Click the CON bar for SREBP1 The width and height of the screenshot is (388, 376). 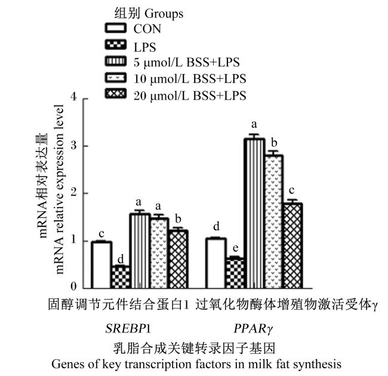pos(101,264)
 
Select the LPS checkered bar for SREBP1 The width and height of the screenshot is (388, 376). pos(121,277)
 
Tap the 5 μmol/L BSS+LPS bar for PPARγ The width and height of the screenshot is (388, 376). pos(254,213)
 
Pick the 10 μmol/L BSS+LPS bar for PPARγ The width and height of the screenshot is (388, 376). pos(273,221)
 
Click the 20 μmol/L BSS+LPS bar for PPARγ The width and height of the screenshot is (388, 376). pos(292,246)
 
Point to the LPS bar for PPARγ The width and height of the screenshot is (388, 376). pos(235,273)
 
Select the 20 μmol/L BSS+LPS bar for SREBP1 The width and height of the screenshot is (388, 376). pos(178,259)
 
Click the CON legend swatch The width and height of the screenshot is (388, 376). pos(116,28)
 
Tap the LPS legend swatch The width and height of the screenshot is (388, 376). pos(116,45)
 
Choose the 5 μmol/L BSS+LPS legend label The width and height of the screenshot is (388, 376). pos(187,62)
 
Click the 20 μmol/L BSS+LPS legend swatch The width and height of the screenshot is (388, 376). pos(116,94)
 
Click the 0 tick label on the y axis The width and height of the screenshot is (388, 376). pos(73,286)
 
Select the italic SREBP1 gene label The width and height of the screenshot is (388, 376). pos(128,329)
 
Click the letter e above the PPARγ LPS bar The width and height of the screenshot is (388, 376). pos(236,248)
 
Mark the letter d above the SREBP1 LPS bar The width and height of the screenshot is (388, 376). pos(121,259)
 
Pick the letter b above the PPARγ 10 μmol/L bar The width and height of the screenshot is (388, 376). pos(274,143)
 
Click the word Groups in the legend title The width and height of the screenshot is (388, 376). pos(164,14)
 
